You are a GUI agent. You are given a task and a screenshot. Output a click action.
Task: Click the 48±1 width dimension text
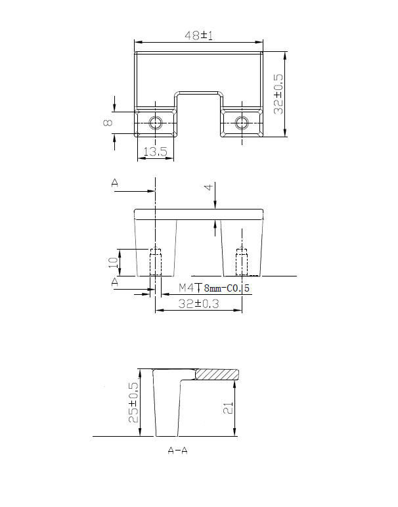click(199, 35)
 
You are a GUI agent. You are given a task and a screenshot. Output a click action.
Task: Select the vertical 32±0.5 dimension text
click(278, 94)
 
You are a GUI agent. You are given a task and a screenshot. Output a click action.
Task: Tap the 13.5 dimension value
click(155, 151)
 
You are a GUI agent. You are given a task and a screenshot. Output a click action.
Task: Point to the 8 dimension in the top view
click(108, 122)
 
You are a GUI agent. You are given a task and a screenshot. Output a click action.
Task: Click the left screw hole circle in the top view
click(156, 123)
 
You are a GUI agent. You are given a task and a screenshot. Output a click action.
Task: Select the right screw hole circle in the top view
click(242, 123)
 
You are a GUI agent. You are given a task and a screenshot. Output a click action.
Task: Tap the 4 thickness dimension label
click(210, 187)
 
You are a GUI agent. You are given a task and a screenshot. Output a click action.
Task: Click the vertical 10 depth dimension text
click(113, 262)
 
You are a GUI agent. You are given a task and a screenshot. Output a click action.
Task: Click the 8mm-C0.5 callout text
click(227, 288)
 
